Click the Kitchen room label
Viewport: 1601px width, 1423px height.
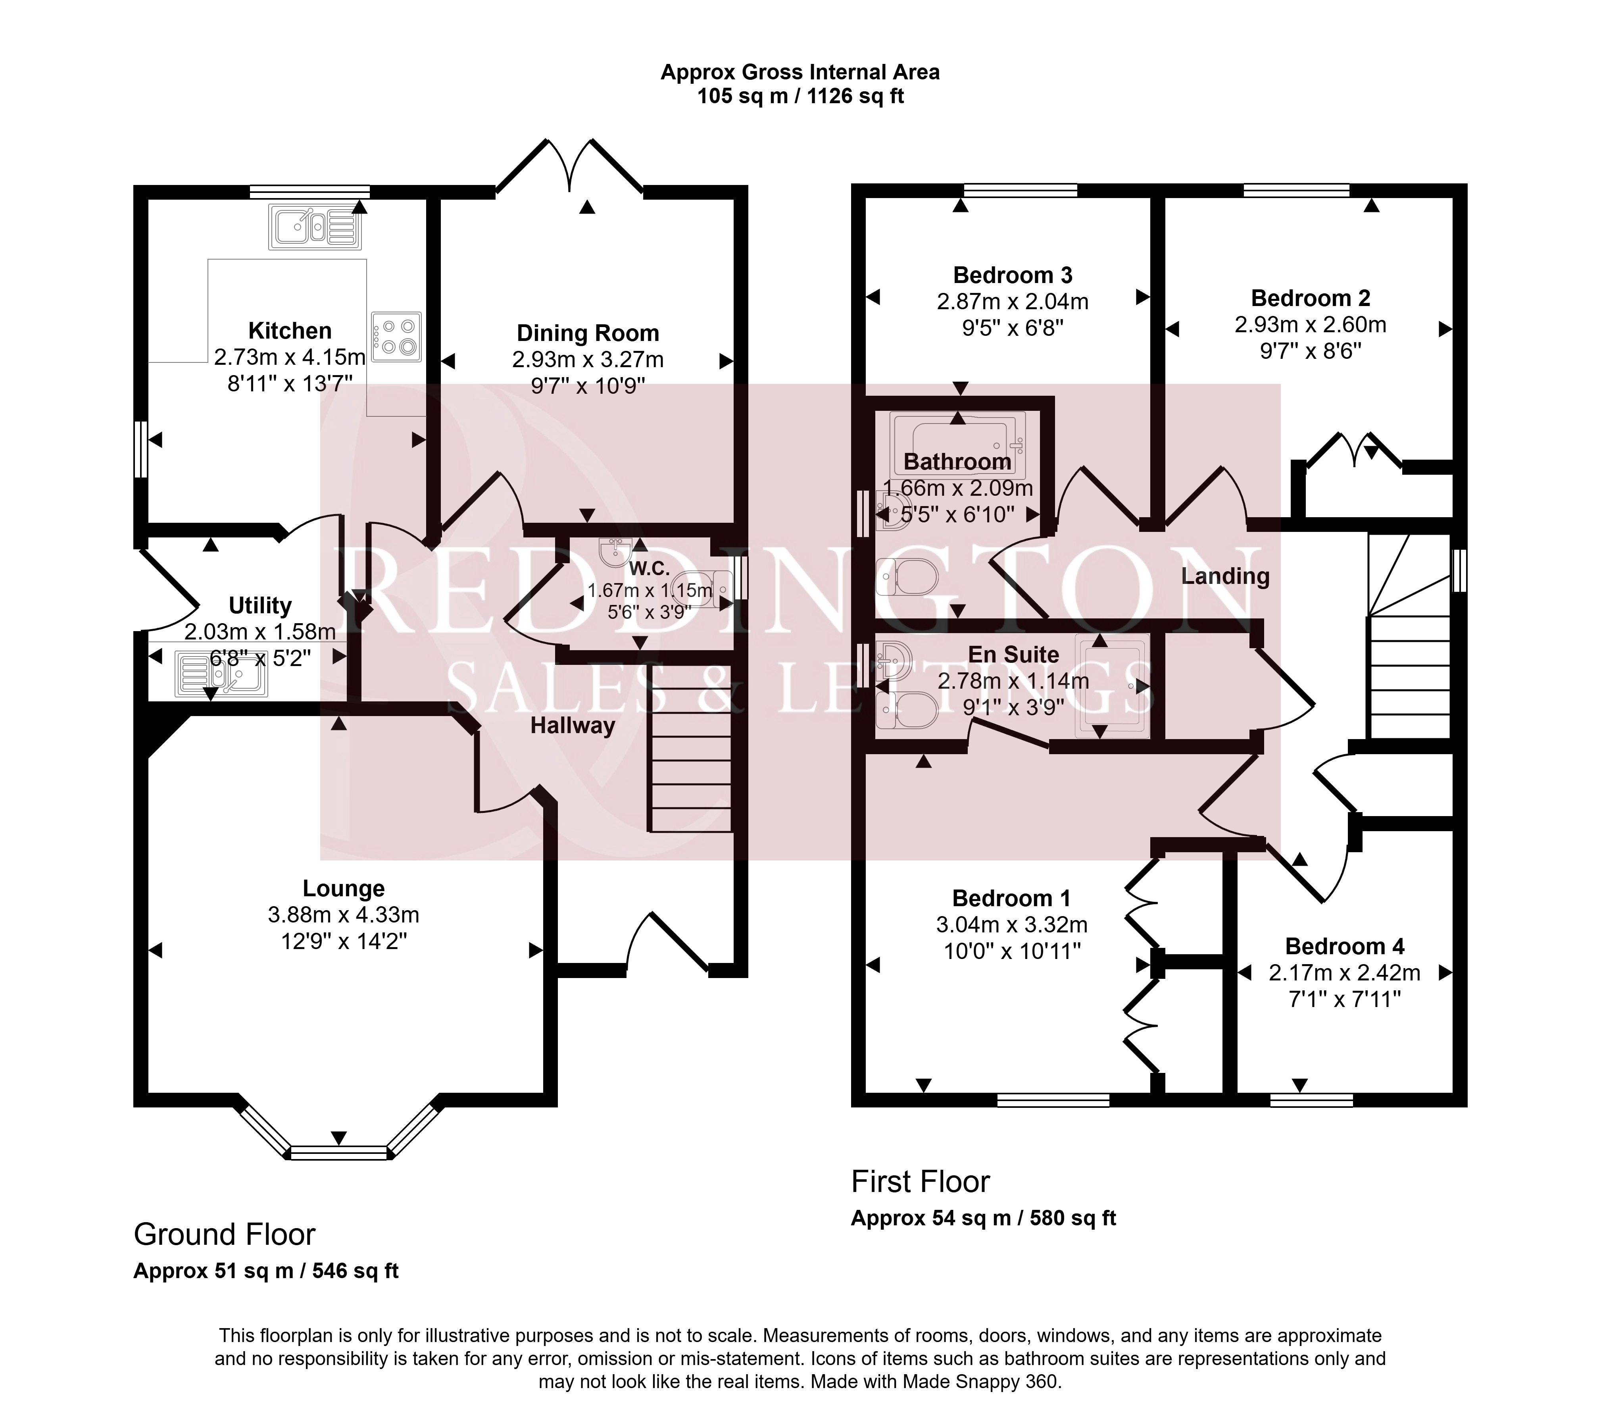click(x=290, y=331)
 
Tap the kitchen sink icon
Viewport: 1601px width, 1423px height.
click(x=315, y=227)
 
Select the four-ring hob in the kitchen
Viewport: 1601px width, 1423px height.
click(x=396, y=337)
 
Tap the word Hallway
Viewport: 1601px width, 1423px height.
click(x=573, y=726)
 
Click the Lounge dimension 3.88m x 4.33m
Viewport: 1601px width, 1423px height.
click(x=344, y=915)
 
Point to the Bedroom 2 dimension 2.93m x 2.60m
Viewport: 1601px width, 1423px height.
click(x=1311, y=324)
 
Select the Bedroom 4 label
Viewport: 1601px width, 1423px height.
click(x=1345, y=947)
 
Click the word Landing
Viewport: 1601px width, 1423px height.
click(x=1225, y=577)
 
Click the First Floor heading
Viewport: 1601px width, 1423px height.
click(x=921, y=1182)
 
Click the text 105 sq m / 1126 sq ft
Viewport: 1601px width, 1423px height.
click(x=801, y=96)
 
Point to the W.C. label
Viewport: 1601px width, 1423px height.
click(x=650, y=568)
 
